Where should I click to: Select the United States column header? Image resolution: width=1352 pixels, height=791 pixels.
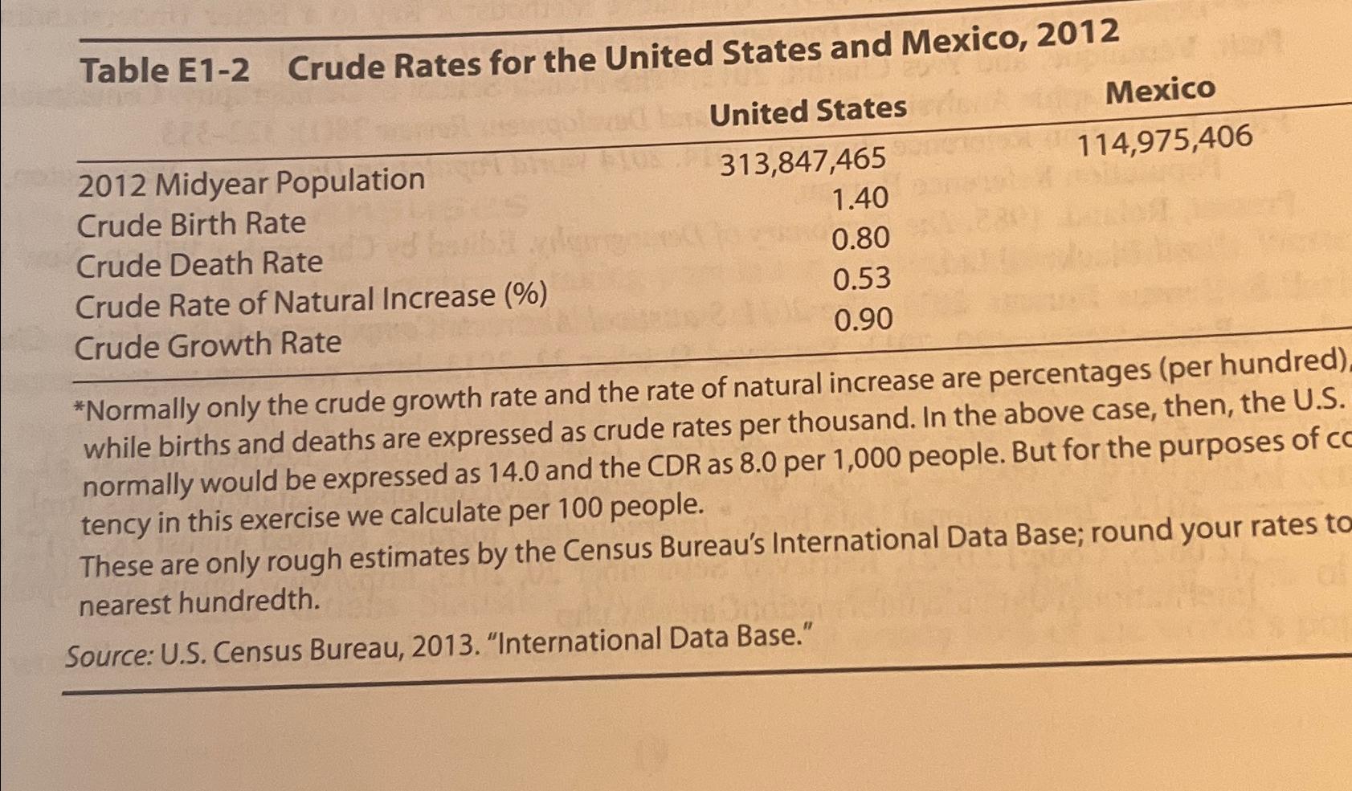click(x=808, y=112)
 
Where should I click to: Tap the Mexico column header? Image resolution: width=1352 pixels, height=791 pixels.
click(x=1160, y=90)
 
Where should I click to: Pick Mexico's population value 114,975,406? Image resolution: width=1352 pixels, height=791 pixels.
click(x=1164, y=141)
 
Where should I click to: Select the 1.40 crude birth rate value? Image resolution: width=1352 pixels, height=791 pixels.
click(x=860, y=198)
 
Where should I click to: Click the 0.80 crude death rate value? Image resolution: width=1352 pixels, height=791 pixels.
click(x=860, y=239)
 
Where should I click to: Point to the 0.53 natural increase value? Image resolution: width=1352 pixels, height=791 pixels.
click(x=861, y=279)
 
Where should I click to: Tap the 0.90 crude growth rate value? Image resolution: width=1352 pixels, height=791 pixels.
click(x=863, y=320)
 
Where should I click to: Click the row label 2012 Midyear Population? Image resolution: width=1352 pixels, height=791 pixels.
click(x=251, y=182)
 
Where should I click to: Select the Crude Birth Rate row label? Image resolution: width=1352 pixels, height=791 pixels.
click(x=191, y=224)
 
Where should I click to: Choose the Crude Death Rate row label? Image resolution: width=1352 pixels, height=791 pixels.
click(x=198, y=264)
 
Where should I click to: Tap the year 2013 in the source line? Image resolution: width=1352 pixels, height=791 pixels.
click(x=443, y=646)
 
